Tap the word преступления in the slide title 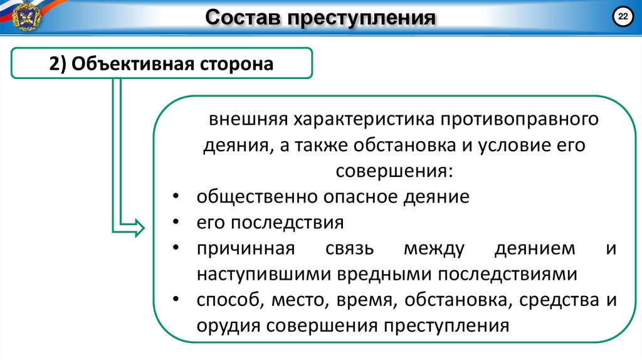tap(362, 18)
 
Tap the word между tap(434, 249)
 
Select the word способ tap(228, 300)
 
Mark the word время tap(366, 300)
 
